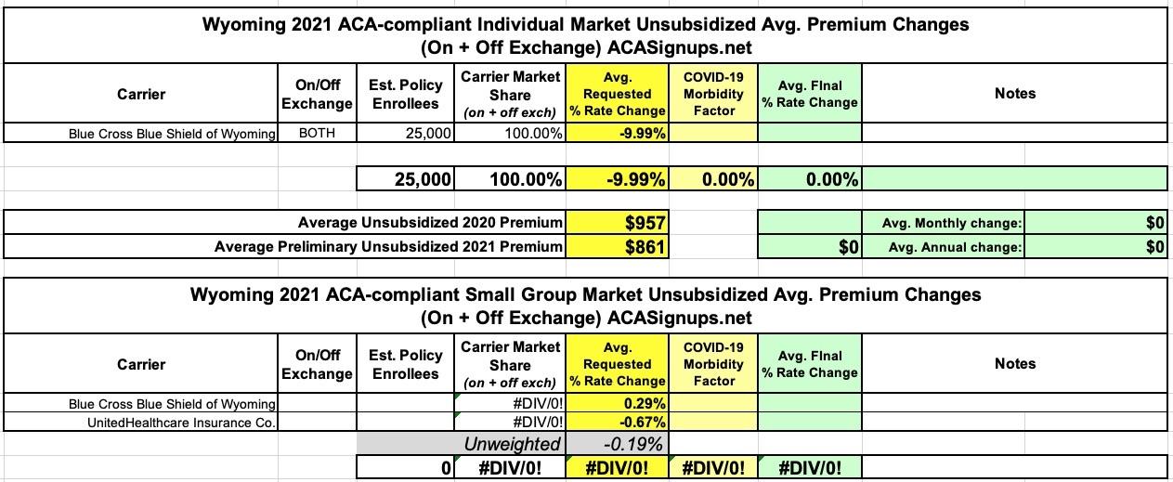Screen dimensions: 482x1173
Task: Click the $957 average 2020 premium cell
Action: [x=618, y=223]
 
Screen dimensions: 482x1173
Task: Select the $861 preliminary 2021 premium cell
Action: [x=618, y=247]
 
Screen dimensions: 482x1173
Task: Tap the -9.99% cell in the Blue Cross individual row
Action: [x=618, y=133]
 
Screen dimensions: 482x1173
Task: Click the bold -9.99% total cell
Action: [x=618, y=179]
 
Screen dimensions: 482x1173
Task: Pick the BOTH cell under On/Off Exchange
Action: [x=317, y=133]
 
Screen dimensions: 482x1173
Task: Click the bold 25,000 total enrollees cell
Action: [x=406, y=179]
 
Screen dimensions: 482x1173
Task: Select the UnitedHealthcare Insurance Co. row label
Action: [x=182, y=422]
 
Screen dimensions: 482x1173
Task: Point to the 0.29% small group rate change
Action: [x=618, y=404]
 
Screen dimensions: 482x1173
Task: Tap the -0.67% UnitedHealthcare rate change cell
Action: [x=618, y=422]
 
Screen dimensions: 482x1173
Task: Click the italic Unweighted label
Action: [x=513, y=444]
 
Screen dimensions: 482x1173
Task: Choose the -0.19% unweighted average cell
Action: [x=618, y=444]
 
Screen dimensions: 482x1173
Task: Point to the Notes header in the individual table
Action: [x=1014, y=94]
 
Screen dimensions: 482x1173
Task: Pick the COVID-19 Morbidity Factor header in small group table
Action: [x=714, y=363]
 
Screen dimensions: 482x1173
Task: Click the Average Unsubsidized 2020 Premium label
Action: [x=430, y=223]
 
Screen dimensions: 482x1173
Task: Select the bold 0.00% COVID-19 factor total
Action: [x=714, y=179]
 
